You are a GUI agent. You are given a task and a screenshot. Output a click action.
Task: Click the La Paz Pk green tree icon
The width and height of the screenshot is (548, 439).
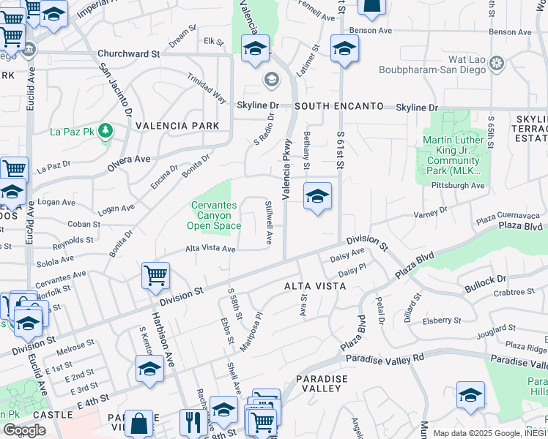107,131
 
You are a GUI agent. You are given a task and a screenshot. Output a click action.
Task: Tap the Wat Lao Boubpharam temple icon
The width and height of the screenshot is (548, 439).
497,64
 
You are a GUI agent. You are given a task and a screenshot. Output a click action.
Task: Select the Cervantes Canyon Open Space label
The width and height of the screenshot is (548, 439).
215,216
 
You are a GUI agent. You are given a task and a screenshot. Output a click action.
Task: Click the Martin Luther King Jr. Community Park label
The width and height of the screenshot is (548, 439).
452,155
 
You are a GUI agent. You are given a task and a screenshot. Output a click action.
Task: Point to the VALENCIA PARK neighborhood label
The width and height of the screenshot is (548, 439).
177,126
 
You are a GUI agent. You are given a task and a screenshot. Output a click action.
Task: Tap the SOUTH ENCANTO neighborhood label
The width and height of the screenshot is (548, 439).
339,107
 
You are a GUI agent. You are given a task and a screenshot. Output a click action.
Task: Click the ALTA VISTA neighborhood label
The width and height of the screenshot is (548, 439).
315,286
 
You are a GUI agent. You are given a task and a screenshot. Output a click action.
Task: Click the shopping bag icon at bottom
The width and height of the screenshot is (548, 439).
138,422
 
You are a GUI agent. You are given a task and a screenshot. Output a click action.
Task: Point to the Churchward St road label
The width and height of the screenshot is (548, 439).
129,54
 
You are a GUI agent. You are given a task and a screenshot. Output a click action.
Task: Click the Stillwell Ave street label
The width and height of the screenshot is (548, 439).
269,223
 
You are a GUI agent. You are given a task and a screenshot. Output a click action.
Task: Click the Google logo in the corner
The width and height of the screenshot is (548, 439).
24,430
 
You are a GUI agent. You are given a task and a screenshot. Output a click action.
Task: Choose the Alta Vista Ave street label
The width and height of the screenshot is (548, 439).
210,249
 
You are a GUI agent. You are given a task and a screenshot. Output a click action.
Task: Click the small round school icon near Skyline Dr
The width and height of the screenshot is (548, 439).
270,79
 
